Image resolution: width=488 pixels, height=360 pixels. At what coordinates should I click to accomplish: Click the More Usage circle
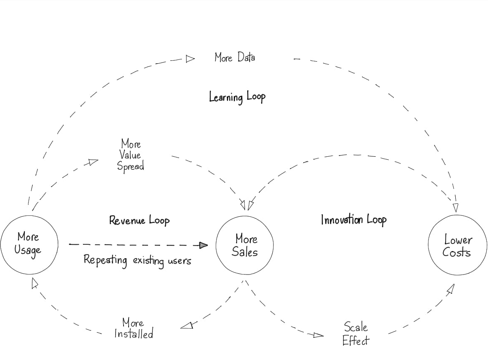[x=29, y=245]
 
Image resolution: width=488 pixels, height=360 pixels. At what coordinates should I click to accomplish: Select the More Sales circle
[x=245, y=246]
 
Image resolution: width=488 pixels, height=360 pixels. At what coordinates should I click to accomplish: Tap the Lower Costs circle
[x=457, y=246]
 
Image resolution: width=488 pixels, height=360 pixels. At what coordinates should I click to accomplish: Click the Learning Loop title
[x=237, y=97]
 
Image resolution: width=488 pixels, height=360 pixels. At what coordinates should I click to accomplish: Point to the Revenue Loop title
[x=139, y=220]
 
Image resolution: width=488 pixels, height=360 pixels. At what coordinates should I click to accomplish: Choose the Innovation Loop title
[x=354, y=220]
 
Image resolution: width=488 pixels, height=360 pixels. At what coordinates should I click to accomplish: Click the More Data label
[x=235, y=57]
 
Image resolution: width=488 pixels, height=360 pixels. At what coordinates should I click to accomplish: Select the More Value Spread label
[x=131, y=155]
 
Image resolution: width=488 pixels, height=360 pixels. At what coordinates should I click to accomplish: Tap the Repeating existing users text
[x=137, y=260]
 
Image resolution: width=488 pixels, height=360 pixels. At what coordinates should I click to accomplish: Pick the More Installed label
[x=134, y=329]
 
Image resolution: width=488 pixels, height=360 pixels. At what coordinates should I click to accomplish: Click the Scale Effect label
[x=356, y=334]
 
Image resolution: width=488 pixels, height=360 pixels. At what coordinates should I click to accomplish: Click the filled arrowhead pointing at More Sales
[x=204, y=245]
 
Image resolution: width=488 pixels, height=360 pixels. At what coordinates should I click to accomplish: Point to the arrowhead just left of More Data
[x=190, y=59]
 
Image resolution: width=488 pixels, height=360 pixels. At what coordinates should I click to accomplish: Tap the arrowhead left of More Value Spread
[x=93, y=162]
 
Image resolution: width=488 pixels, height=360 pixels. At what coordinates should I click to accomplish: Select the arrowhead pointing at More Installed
[x=187, y=325]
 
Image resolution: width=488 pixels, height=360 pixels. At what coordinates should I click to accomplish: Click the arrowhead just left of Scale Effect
[x=318, y=335]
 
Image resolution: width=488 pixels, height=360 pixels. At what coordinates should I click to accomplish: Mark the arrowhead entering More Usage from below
[x=35, y=284]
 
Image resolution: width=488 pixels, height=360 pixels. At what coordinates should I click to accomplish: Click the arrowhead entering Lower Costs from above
[x=455, y=207]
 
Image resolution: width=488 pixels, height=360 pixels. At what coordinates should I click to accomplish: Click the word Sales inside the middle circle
[x=245, y=252]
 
